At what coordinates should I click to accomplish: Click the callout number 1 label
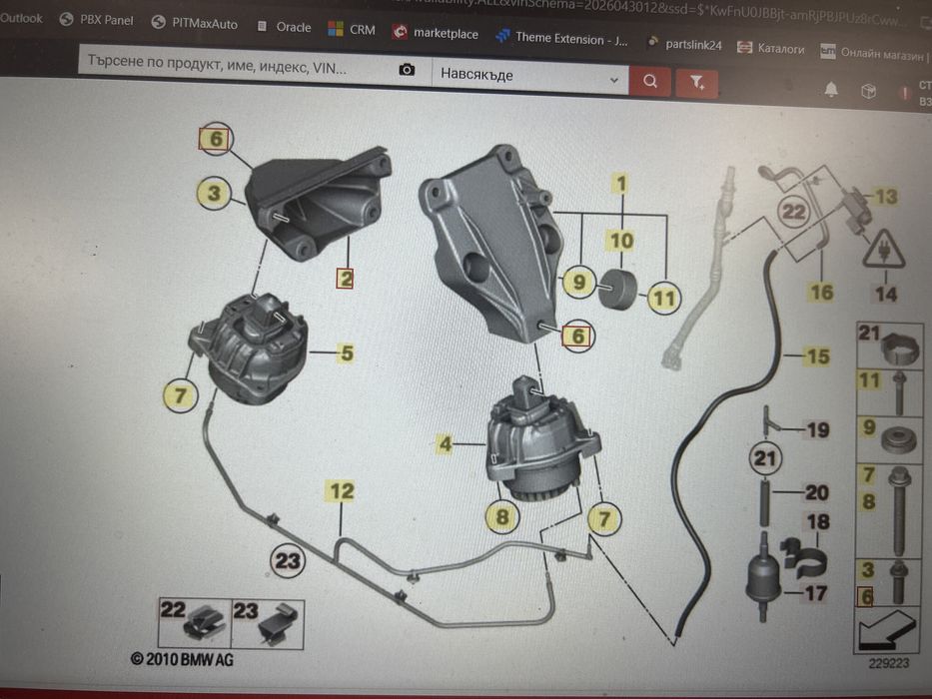tap(621, 184)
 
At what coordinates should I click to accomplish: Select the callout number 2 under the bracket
tap(345, 278)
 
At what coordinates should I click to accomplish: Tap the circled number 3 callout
tap(214, 192)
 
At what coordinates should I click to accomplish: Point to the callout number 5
tap(346, 351)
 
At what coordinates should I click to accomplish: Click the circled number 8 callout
tap(502, 516)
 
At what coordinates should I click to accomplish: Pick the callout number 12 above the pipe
tap(342, 490)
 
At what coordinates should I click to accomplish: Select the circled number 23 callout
tap(288, 562)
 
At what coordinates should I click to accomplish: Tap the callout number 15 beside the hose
tap(818, 355)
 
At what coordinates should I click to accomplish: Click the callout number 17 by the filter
tap(816, 592)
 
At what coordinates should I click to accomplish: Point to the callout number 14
tap(885, 294)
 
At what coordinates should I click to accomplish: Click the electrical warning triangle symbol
tap(885, 250)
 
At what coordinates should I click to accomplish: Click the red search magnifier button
tap(650, 81)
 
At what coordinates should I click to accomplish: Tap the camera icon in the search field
tap(407, 70)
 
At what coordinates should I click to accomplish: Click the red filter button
tap(697, 81)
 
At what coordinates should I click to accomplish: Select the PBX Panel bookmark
tap(96, 20)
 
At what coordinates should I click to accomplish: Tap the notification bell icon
tap(831, 90)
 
